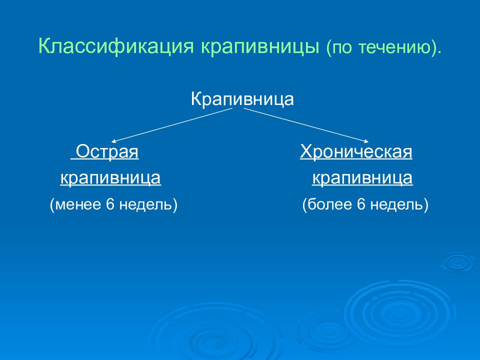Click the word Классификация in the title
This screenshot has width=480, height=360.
(x=116, y=46)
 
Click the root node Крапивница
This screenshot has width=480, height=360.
(x=242, y=99)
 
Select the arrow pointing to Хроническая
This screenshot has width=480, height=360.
(x=306, y=125)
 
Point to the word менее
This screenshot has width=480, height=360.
(x=79, y=204)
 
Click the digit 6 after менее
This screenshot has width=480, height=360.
(x=110, y=204)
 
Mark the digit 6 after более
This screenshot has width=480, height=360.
(x=361, y=204)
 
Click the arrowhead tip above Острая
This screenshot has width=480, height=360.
(x=111, y=142)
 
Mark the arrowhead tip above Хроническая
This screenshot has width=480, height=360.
(x=368, y=142)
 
